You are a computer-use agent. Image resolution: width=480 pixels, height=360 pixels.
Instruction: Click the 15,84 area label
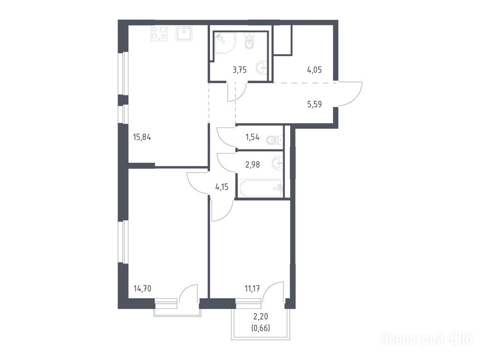[142, 137]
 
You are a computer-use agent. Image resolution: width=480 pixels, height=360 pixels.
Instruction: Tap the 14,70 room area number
[142, 288]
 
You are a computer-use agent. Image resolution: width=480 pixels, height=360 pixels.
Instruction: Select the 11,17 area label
[252, 288]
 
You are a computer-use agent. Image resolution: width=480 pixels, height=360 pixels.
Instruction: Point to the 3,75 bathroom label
[240, 70]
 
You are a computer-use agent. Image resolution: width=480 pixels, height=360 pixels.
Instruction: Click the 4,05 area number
[315, 70]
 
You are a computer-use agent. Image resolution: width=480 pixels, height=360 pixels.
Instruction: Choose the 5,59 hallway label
[315, 105]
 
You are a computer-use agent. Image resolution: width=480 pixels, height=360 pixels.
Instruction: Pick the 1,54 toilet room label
[253, 137]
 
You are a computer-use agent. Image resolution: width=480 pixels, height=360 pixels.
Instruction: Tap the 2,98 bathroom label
[253, 165]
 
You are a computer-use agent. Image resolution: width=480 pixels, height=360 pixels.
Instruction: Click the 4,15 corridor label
[222, 187]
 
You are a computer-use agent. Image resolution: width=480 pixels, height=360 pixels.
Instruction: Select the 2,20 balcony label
[261, 317]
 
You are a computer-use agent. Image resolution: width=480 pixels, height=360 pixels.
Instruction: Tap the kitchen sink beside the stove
[184, 33]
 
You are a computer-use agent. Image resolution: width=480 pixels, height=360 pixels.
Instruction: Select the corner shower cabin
[225, 43]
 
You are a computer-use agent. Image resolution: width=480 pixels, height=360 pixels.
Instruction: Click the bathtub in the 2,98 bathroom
[260, 188]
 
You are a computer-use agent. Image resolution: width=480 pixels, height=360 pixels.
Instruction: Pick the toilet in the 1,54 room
[275, 141]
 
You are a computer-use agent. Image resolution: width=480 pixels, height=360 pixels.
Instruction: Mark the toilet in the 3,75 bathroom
[250, 41]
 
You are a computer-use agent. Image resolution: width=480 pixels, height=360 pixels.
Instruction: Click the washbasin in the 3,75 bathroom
[261, 67]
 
